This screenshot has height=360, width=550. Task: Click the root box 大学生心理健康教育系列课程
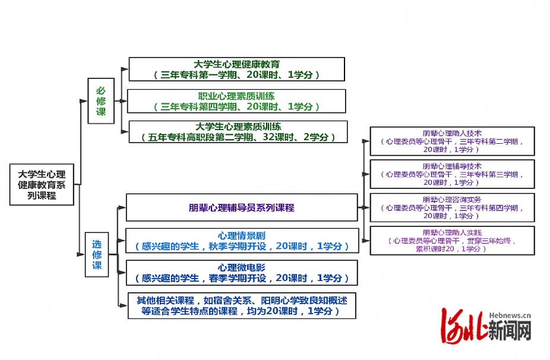(x=42, y=185)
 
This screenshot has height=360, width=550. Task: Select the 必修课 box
(x=101, y=101)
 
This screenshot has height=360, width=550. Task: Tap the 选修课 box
(x=97, y=254)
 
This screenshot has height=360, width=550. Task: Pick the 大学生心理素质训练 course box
(x=238, y=132)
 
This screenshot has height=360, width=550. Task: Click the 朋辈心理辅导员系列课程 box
(x=242, y=208)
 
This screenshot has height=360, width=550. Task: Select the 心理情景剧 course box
(x=242, y=241)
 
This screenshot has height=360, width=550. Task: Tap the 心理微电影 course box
(x=242, y=273)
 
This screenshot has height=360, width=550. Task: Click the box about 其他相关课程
(x=242, y=305)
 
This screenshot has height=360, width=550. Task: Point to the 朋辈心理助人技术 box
(x=452, y=141)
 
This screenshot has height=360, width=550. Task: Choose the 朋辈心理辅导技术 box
(x=452, y=174)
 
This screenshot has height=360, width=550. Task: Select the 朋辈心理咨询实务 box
(x=452, y=207)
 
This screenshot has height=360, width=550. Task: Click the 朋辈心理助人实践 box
(x=452, y=241)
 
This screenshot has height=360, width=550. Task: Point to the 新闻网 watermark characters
(x=509, y=330)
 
